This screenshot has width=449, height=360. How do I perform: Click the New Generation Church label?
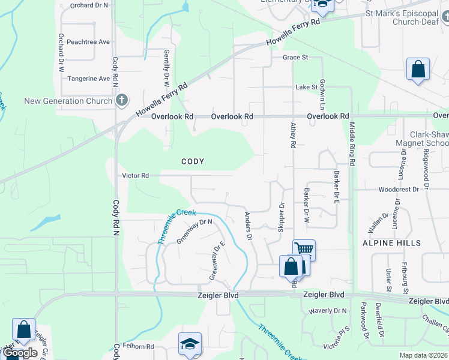[x=68, y=101]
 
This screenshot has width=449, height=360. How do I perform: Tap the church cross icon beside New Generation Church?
[x=121, y=100]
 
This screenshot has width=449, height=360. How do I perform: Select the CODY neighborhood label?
[x=193, y=161]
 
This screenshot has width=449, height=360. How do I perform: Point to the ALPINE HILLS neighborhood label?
[x=391, y=243]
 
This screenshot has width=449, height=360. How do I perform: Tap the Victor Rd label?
[x=135, y=176]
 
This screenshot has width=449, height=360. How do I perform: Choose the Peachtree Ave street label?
[x=88, y=42]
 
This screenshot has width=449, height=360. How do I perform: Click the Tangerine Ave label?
[x=88, y=79]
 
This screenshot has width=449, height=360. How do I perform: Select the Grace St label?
[x=295, y=58]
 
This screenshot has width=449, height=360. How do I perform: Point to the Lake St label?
[x=306, y=87]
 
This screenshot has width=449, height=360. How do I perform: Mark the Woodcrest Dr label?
[x=399, y=189]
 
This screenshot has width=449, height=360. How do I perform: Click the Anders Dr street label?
[x=247, y=226]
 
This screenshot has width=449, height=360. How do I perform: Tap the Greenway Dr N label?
[x=194, y=231]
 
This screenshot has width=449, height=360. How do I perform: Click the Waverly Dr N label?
[x=328, y=311]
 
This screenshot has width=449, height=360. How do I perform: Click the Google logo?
[x=20, y=353]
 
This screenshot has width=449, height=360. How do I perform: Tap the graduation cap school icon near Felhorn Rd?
[x=188, y=344]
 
